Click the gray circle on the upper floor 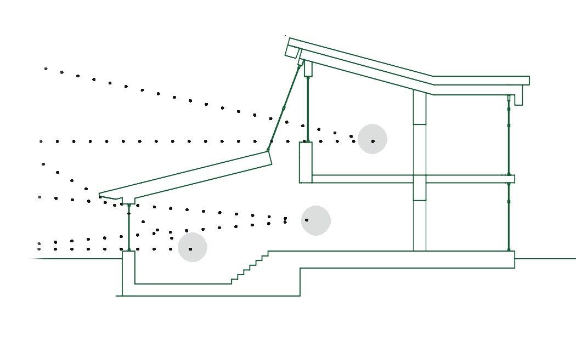click(372, 139)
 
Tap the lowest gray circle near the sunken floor click(193, 247)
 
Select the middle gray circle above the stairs click(316, 220)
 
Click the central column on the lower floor click(420, 225)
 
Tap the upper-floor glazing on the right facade click(509, 137)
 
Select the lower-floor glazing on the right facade click(509, 217)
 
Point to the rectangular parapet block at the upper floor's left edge click(306, 162)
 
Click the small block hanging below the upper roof click(308, 69)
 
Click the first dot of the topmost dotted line click(46, 69)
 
